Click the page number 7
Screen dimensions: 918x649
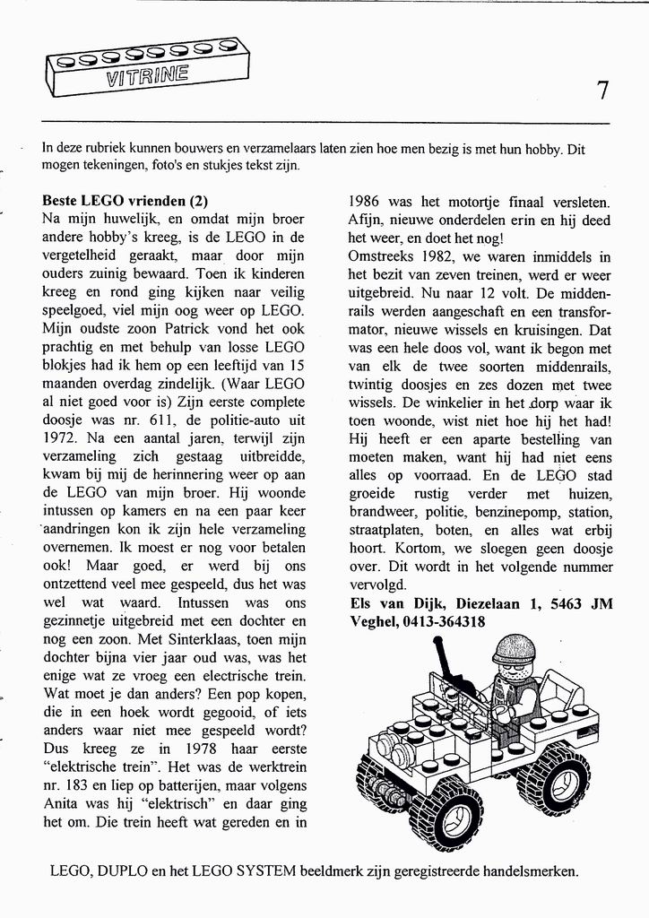602,90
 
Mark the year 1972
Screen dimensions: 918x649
61,440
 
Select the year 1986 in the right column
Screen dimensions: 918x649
367,202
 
